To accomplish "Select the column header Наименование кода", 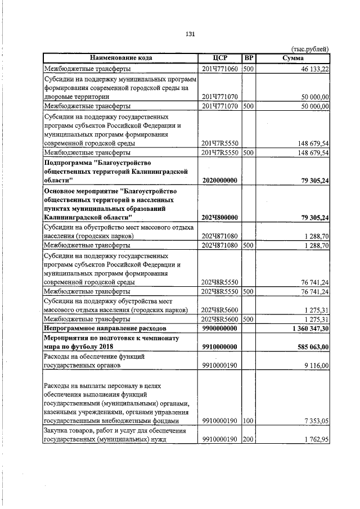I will (120, 58).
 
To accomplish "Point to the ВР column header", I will (248, 58).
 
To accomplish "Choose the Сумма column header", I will (292, 58).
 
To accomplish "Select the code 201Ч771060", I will (220, 69).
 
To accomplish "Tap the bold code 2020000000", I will (220, 180).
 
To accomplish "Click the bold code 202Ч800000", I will (220, 217).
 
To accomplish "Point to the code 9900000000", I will (220, 327).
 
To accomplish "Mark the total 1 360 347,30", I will (306, 327).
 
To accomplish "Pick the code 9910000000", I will (220, 347).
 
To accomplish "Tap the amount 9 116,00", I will (315, 366).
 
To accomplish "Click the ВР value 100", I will (248, 421).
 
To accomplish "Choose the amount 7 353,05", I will (315, 421).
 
